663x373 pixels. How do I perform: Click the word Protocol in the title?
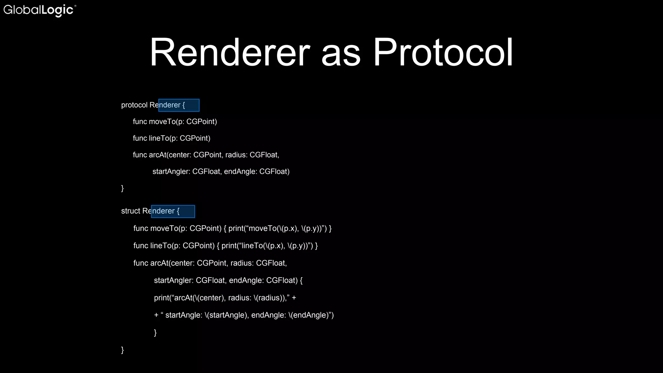(x=443, y=52)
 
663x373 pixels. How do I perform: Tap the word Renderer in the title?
(x=230, y=52)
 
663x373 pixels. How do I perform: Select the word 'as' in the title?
(x=341, y=55)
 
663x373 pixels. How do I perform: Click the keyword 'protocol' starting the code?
(x=134, y=105)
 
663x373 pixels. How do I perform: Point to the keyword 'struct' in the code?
(x=130, y=211)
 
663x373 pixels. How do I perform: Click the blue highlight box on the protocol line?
(x=179, y=105)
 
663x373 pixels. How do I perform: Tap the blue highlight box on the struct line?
(x=173, y=211)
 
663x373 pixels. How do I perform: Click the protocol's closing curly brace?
(x=122, y=188)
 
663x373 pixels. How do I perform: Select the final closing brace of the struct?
(x=122, y=350)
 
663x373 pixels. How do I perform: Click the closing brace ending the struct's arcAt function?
(x=155, y=333)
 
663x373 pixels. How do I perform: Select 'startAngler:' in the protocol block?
(x=171, y=172)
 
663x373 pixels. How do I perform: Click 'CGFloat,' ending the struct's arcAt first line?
(x=271, y=263)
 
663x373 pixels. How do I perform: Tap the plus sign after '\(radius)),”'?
(x=294, y=298)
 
